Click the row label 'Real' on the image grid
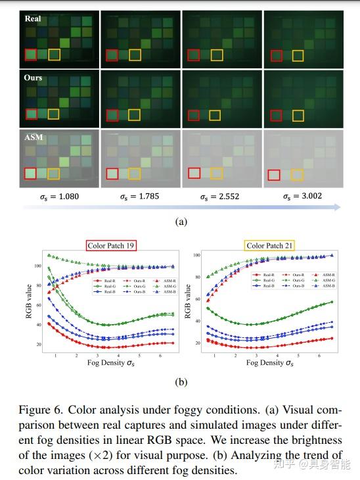(x=33, y=18)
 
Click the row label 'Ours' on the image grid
(x=33, y=78)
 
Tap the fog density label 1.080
(x=58, y=196)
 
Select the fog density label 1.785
(x=140, y=196)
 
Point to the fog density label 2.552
(x=222, y=196)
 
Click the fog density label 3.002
(x=304, y=196)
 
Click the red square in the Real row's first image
(x=31, y=55)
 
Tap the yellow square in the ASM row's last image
(x=297, y=174)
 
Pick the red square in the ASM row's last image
(x=274, y=175)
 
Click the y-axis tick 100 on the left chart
(x=37, y=266)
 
